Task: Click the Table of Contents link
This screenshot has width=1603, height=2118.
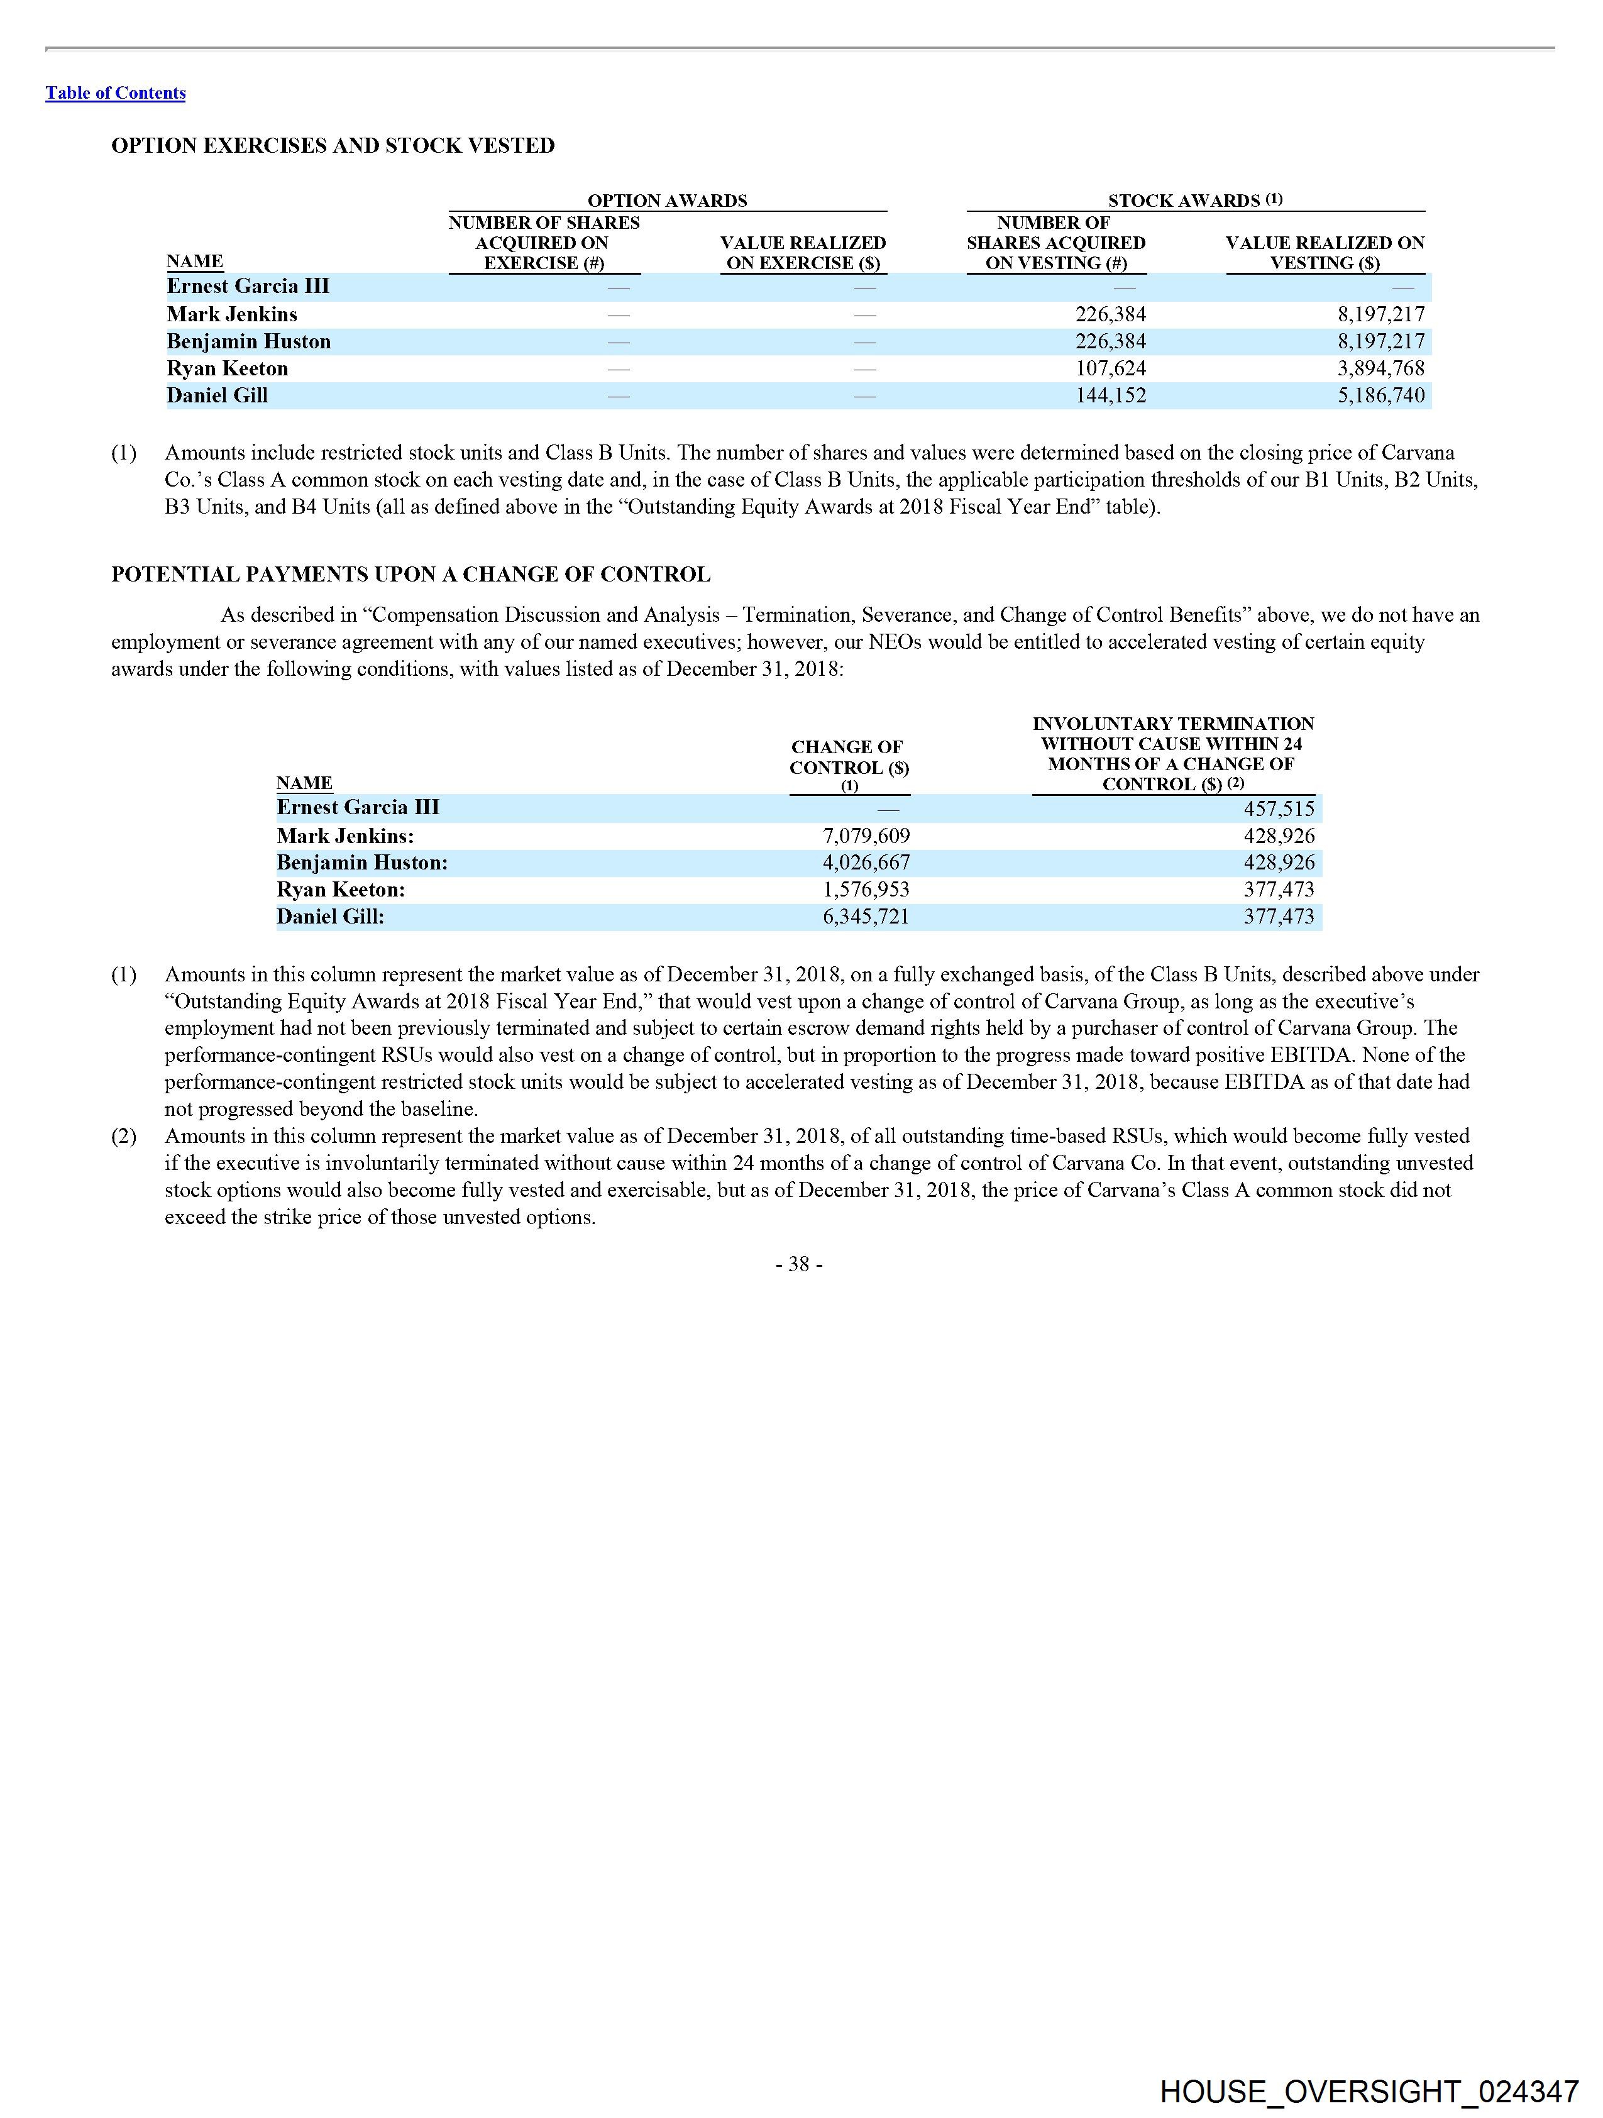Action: point(115,93)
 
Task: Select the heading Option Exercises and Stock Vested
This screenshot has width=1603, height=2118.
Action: point(333,146)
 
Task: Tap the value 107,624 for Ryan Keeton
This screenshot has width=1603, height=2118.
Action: point(1110,368)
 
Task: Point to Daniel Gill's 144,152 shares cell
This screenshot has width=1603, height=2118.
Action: point(1110,395)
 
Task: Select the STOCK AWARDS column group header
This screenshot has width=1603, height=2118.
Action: point(1194,200)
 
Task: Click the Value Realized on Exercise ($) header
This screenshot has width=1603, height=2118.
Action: point(803,253)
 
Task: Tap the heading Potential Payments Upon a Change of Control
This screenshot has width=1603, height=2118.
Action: point(410,575)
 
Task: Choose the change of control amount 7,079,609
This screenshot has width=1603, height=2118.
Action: point(866,836)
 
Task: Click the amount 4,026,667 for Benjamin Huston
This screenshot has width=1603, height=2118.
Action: point(866,863)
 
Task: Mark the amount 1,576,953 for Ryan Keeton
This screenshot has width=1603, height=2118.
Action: point(866,890)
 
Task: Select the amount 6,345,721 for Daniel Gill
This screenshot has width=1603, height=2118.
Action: point(866,917)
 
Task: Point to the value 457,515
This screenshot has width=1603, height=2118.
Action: point(1279,809)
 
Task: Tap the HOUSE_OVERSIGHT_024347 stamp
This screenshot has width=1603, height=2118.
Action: point(1369,2091)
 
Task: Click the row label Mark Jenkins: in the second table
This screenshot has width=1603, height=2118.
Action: point(344,836)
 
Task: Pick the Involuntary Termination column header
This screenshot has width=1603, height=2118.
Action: point(1172,754)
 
